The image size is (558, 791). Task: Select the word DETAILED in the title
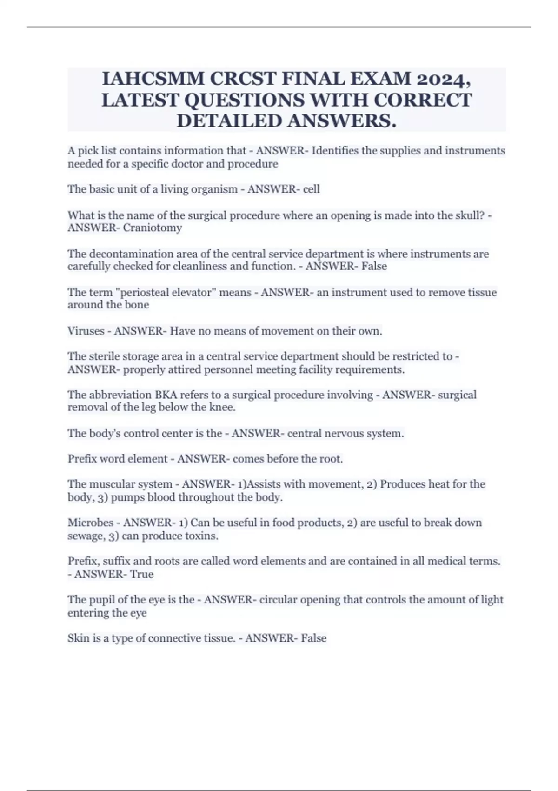(229, 121)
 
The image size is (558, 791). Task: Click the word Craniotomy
(152, 228)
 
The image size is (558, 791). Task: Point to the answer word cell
(311, 189)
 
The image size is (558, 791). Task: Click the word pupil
(100, 600)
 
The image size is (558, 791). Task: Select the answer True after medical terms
(141, 575)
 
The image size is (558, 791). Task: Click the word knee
(222, 408)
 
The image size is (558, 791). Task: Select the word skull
(468, 215)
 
